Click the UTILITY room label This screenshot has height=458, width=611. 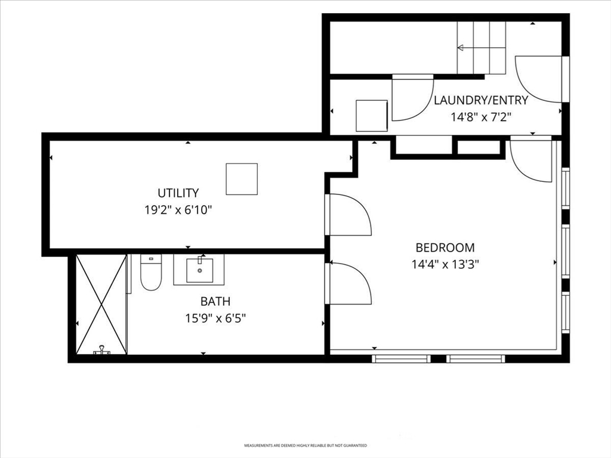click(178, 193)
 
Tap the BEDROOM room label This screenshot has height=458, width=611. click(445, 247)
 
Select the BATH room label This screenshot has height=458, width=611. click(215, 301)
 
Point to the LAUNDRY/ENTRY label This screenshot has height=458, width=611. click(481, 100)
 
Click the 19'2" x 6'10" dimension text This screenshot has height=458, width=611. click(178, 211)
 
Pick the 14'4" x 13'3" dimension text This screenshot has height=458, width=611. click(445, 265)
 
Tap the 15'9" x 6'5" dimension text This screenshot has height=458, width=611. click(215, 318)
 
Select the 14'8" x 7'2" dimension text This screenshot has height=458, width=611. click(481, 117)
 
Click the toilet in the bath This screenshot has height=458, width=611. click(151, 272)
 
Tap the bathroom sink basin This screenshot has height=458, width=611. click(199, 270)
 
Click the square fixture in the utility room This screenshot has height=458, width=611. click(242, 179)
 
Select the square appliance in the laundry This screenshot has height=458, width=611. click(372, 116)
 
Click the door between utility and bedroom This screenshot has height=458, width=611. click(348, 215)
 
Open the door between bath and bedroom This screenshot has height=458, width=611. click(348, 283)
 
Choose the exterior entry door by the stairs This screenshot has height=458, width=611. click(540, 79)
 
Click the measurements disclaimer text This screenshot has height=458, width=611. click(305, 445)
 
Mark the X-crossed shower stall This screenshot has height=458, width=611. click(101, 305)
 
